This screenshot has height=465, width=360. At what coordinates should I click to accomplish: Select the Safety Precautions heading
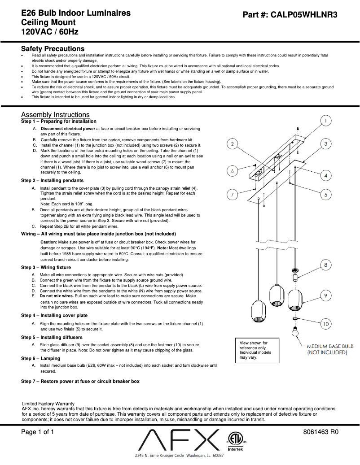pyautogui.click(x=53, y=48)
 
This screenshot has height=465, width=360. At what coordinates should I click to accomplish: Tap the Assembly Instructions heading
pyautogui.click(x=55, y=115)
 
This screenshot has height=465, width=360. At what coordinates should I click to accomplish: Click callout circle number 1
pyautogui.click(x=326, y=121)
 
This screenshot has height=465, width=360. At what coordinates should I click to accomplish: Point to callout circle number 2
pyautogui.click(x=232, y=144)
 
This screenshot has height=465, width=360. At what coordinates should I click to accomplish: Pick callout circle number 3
pyautogui.click(x=326, y=143)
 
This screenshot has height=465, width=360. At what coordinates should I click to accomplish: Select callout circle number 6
pyautogui.click(x=232, y=171)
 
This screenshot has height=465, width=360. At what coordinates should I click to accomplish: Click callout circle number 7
pyautogui.click(x=232, y=195)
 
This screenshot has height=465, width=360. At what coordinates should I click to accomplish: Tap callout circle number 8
pyautogui.click(x=326, y=265)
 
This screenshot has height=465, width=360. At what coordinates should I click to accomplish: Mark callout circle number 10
pyautogui.click(x=326, y=323)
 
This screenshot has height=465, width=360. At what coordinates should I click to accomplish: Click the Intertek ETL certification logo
pyautogui.click(x=233, y=440)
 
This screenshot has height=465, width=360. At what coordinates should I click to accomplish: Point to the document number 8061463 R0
pyautogui.click(x=320, y=432)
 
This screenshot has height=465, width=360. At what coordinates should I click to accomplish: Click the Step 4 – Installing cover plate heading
pyautogui.click(x=54, y=316)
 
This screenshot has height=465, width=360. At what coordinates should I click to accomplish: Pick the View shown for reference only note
pyautogui.click(x=254, y=350)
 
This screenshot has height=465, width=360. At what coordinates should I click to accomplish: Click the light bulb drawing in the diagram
pyautogui.click(x=295, y=332)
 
